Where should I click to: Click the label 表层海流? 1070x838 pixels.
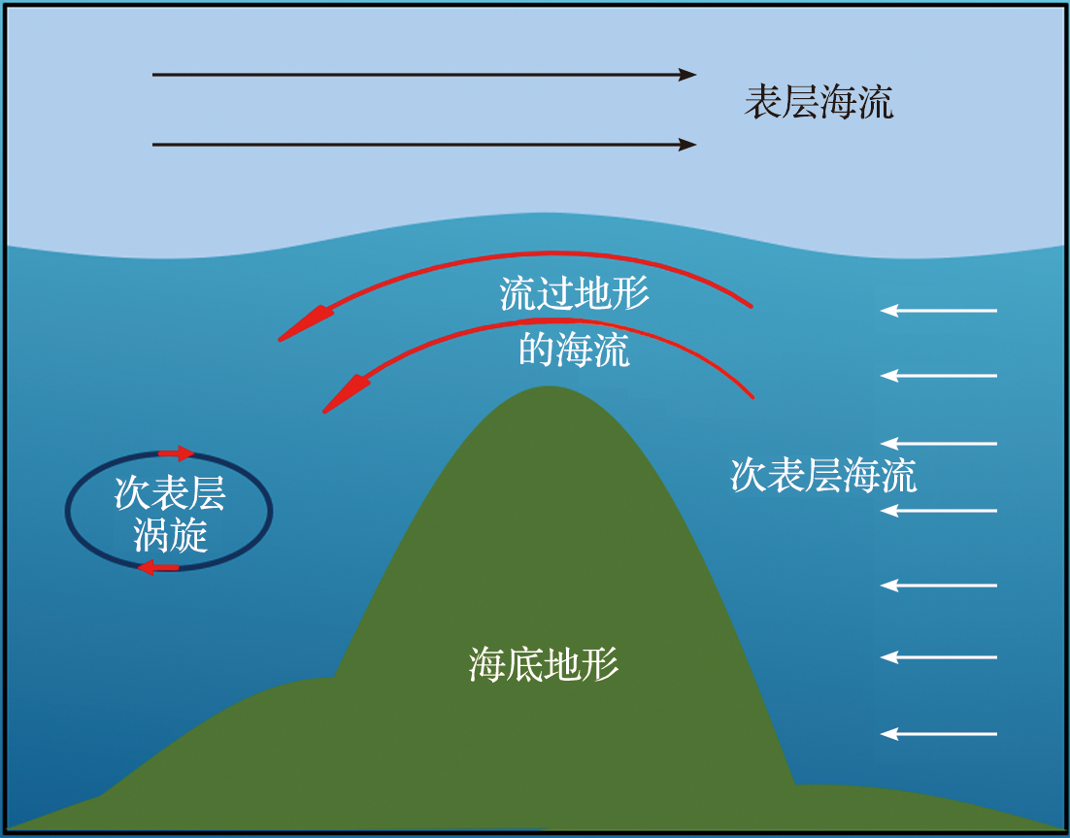pyautogui.click(x=819, y=102)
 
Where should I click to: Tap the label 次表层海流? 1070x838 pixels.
pyautogui.click(x=823, y=475)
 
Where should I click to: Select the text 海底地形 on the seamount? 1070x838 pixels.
pyautogui.click(x=544, y=664)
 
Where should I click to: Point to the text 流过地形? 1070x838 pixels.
pyautogui.click(x=575, y=294)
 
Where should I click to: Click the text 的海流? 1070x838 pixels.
pyautogui.click(x=575, y=350)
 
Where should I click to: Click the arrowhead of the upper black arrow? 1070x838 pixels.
pyautogui.click(x=687, y=75)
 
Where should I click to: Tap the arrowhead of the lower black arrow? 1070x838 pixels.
pyautogui.click(x=687, y=144)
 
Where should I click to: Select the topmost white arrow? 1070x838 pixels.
pyautogui.click(x=939, y=311)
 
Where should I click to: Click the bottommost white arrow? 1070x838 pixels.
pyautogui.click(x=939, y=733)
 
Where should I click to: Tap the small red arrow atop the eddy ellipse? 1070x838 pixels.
pyautogui.click(x=176, y=453)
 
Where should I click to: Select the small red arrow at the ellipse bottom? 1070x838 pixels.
pyautogui.click(x=158, y=567)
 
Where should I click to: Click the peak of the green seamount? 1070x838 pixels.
pyautogui.click(x=548, y=386)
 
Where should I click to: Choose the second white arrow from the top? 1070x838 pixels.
pyautogui.click(x=939, y=376)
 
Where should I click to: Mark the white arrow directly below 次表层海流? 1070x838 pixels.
pyautogui.click(x=939, y=511)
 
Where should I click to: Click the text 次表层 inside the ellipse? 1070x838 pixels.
pyautogui.click(x=170, y=492)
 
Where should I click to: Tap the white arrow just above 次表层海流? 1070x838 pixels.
pyautogui.click(x=939, y=444)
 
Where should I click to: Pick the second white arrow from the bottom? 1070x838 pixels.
pyautogui.click(x=939, y=657)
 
